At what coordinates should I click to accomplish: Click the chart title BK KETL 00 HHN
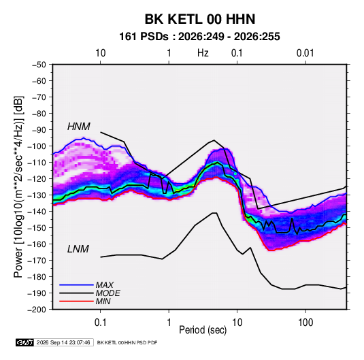point(200,19)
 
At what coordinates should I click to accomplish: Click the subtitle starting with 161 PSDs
point(199,37)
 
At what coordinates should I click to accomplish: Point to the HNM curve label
point(79,127)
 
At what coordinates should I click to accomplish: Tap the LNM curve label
point(78,249)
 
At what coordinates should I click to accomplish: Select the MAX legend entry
point(105,284)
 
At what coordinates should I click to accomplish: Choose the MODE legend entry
point(108,293)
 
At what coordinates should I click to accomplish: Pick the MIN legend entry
point(103,301)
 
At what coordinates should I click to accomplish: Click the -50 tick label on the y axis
point(39,65)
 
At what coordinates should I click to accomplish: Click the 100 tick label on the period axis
point(305,323)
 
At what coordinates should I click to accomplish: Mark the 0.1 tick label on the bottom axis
point(100,323)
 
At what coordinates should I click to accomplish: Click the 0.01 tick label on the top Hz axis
point(305,53)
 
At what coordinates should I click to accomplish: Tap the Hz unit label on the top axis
point(203,53)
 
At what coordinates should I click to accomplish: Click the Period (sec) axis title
point(203,330)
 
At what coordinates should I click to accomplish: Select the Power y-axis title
point(18,186)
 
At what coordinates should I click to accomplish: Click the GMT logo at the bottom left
point(24,342)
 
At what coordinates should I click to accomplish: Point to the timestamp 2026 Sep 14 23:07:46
point(63,342)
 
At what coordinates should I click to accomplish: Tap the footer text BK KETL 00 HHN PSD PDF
point(127,342)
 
